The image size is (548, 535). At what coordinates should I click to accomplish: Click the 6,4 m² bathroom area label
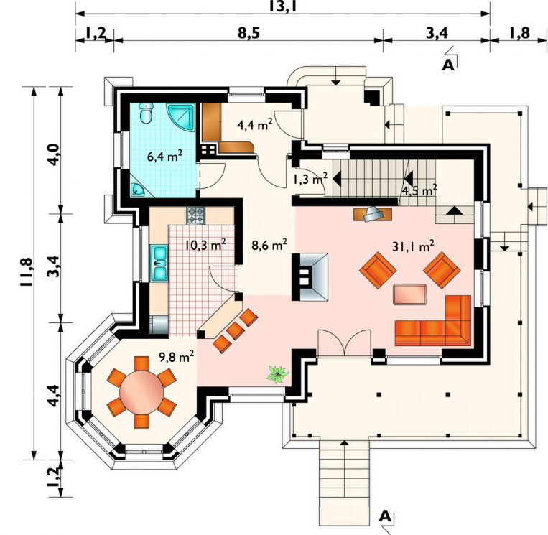click(164, 156)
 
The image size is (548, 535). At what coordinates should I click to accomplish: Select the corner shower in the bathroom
click(181, 117)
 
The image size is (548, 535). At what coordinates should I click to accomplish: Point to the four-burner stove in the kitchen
click(195, 215)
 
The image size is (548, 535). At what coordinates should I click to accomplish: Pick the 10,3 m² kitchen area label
click(205, 245)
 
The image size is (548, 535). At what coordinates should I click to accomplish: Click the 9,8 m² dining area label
click(177, 357)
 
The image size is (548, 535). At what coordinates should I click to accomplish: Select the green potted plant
click(278, 374)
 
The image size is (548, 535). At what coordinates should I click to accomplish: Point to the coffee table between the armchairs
click(410, 294)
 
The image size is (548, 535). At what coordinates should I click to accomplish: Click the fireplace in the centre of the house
click(310, 276)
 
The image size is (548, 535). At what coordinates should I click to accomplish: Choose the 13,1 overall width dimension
click(283, 6)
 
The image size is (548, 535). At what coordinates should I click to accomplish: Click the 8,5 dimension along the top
click(249, 33)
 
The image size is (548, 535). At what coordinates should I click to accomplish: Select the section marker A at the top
click(448, 65)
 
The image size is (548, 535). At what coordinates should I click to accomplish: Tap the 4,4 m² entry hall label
click(255, 124)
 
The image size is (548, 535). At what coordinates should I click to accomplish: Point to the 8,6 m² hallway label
click(269, 245)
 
